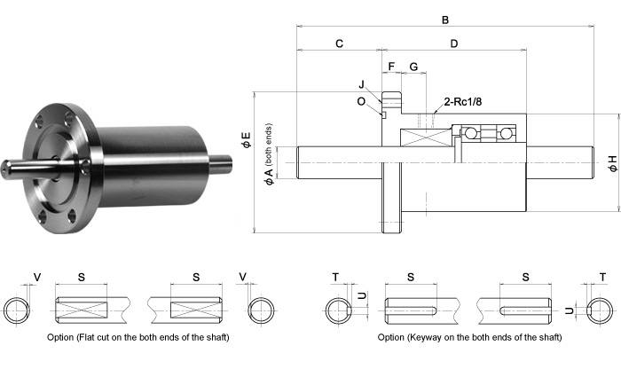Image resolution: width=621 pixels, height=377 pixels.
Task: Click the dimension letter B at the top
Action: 444,20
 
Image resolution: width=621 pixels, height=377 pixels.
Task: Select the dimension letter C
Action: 340,43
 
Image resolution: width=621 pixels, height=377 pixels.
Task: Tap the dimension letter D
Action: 453,43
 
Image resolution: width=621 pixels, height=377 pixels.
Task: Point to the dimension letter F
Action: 390,67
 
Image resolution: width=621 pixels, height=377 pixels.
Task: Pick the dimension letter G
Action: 413,67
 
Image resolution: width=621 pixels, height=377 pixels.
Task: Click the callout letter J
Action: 362,84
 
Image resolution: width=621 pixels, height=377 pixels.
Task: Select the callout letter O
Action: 361,101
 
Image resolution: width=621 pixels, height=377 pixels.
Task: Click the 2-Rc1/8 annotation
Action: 464,102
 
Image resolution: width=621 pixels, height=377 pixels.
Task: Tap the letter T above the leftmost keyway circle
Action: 334,278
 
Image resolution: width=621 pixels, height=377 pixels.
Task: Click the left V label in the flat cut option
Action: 36,278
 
